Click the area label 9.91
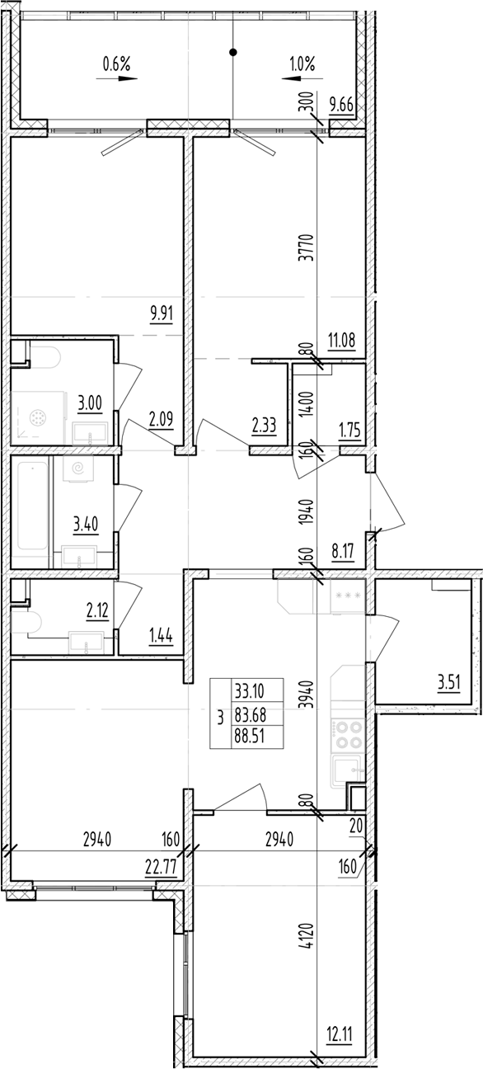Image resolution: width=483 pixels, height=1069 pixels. tap(162, 313)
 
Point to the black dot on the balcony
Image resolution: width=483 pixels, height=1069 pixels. tap(233, 53)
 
